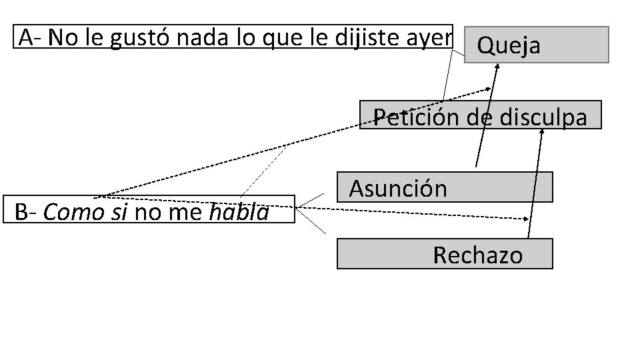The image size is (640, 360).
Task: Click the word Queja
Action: pyautogui.click(x=509, y=46)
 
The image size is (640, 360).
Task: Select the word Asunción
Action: pyautogui.click(x=398, y=189)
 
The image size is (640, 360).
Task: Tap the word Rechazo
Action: pyautogui.click(x=477, y=255)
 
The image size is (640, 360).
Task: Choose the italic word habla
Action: pyautogui.click(x=239, y=213)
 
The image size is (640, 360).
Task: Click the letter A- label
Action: pyautogui.click(x=31, y=38)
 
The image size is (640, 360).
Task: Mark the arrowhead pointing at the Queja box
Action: pyautogui.click(x=497, y=66)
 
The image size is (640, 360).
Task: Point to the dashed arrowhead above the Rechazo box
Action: pyautogui.click(x=529, y=218)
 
